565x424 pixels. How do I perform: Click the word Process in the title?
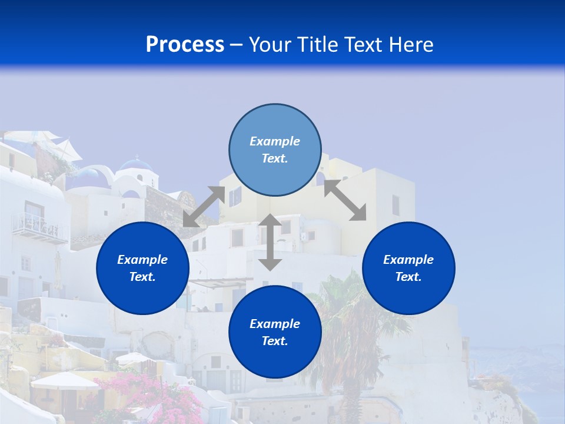[x=185, y=45]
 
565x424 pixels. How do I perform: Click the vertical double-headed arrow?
[x=270, y=242]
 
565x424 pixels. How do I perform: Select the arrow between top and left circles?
[x=204, y=207]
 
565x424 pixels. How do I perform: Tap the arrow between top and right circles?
[x=345, y=200]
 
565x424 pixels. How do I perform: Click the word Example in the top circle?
[x=275, y=141]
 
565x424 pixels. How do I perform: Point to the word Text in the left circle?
[x=142, y=277]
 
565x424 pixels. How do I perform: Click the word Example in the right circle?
[x=408, y=260]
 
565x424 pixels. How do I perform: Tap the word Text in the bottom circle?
[x=274, y=341]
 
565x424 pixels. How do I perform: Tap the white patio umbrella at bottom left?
[x=65, y=380]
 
